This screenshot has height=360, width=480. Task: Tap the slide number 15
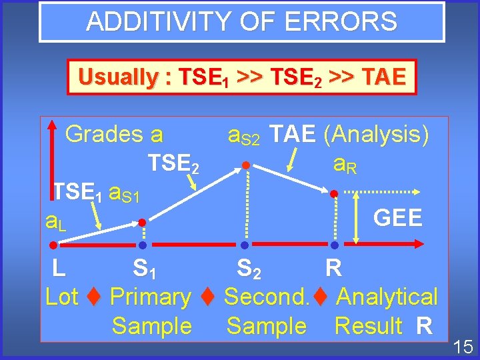click(x=463, y=347)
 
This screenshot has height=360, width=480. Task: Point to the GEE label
click(x=398, y=218)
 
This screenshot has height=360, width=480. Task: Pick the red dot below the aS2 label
click(x=245, y=165)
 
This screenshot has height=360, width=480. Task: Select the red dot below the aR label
click(x=335, y=193)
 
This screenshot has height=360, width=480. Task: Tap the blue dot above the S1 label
click(x=142, y=245)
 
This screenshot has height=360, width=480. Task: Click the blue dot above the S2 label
click(x=245, y=245)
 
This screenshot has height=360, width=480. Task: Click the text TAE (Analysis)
click(x=351, y=135)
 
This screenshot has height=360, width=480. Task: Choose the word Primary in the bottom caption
click(x=150, y=297)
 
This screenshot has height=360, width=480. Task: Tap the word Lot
click(x=61, y=297)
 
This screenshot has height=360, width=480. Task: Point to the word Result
click(x=368, y=327)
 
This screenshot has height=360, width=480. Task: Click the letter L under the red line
click(x=59, y=269)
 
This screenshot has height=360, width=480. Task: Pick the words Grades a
click(x=114, y=135)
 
